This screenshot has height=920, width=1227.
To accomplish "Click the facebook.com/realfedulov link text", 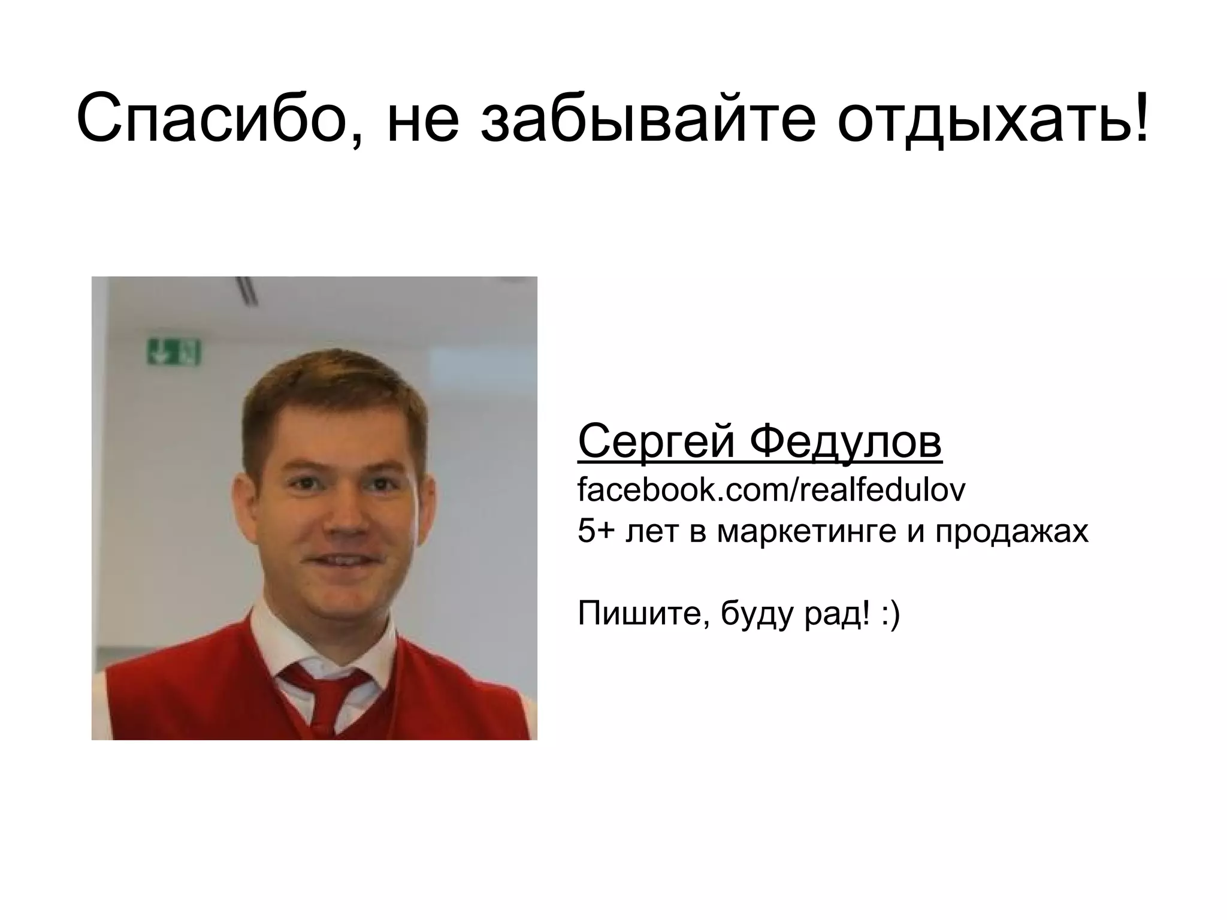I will pos(772,490).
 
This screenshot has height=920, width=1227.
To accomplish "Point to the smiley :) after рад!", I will pos(890,615).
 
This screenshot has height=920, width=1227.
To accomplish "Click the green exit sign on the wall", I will pos(174,352).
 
